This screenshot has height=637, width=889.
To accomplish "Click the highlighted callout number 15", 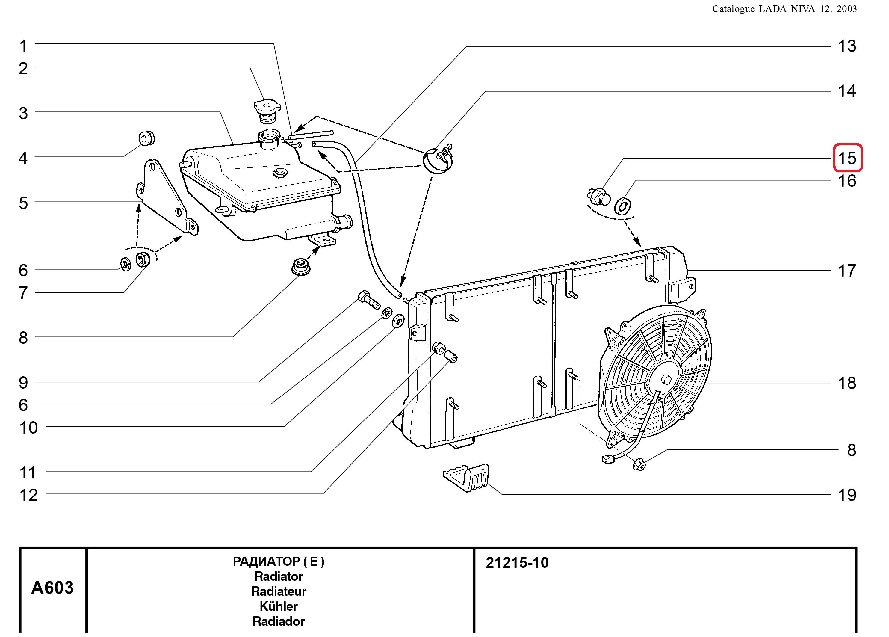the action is coord(847,158).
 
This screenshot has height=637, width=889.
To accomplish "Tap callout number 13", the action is coord(847,46).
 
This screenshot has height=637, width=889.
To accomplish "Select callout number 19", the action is coord(847,495).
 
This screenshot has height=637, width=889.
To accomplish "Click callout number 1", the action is coord(24,46).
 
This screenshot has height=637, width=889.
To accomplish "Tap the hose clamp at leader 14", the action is coord(438,159).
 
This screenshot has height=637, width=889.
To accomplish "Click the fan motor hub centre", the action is coord(666,379).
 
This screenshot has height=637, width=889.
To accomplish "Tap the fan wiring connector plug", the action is coord(607,459).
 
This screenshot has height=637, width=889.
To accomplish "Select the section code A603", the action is coord(52,588).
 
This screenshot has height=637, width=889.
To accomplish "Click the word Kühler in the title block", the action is coord(279,606).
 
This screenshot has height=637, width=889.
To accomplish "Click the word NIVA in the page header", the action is coord(803,9).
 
